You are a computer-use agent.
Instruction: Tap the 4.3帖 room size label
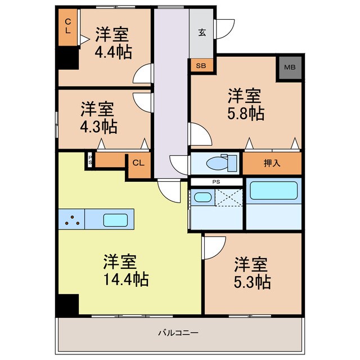[98, 127]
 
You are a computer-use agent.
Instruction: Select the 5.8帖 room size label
[246, 112]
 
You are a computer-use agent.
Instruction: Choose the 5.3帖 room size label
[252, 281]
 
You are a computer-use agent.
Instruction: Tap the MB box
[289, 69]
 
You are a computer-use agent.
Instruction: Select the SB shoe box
[201, 66]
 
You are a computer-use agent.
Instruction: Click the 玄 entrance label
[201, 32]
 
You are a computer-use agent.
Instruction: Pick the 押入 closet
[272, 163]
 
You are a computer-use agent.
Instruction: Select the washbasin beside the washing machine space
[202, 198]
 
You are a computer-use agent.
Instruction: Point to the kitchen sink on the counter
[118, 220]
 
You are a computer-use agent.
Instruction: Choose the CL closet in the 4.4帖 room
[67, 27]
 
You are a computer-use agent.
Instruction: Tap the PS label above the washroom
[216, 182]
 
